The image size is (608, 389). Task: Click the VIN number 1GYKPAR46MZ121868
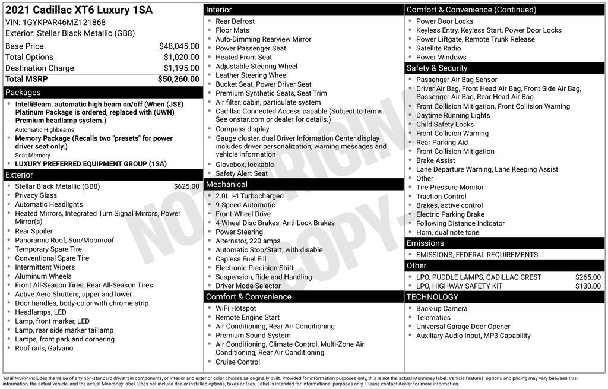[x=64, y=22]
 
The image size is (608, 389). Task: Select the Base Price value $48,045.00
[x=179, y=46]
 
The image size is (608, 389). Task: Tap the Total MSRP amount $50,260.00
[x=178, y=79]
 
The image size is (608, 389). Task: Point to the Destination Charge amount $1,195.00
[x=181, y=68]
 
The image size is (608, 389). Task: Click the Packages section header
[x=23, y=93]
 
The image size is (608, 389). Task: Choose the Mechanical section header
[x=227, y=185]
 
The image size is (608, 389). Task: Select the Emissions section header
[x=425, y=243]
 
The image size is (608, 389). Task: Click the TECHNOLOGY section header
[x=432, y=297]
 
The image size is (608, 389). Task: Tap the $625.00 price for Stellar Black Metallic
[x=186, y=186]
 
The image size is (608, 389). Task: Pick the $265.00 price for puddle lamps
[x=588, y=277]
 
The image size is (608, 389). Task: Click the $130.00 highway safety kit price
[x=588, y=286]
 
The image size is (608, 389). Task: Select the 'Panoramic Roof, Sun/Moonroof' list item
[x=65, y=241]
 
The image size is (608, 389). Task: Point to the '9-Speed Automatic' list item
[x=245, y=205]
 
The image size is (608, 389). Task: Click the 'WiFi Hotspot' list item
[x=236, y=309]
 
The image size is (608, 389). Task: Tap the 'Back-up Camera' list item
[x=442, y=309]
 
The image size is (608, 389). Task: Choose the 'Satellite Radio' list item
[x=439, y=49]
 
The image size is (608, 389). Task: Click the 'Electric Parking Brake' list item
[x=450, y=215]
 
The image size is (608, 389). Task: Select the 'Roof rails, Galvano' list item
[x=44, y=349]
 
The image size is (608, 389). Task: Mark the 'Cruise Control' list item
[x=237, y=362]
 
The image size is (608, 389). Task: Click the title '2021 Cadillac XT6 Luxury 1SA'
[x=79, y=10]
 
